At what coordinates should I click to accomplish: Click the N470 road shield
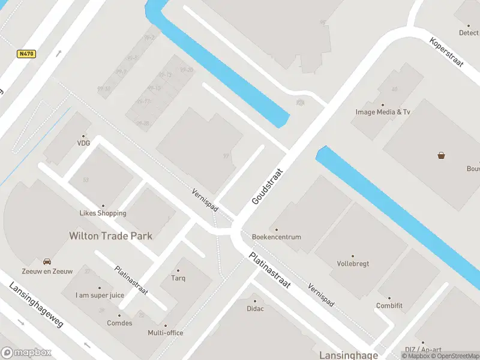click(26, 54)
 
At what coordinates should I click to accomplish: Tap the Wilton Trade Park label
click(110, 236)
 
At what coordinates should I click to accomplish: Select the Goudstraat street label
click(267, 187)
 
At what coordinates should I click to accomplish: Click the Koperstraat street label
click(448, 52)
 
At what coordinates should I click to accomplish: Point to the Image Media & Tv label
click(383, 112)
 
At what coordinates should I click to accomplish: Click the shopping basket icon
click(442, 155)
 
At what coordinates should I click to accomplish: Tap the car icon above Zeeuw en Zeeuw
click(47, 262)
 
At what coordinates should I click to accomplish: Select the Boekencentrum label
click(277, 237)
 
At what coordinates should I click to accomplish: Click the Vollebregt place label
click(353, 263)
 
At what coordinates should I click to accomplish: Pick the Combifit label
click(389, 305)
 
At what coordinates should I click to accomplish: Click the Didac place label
click(255, 308)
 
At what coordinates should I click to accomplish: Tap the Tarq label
click(178, 278)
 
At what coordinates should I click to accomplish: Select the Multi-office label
click(166, 333)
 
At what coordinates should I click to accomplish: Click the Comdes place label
click(120, 323)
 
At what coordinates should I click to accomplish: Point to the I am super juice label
click(100, 295)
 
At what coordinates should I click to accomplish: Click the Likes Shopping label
click(103, 213)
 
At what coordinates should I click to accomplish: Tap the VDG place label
click(83, 143)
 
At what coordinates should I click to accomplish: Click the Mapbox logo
click(26, 353)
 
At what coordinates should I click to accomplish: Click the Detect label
click(469, 33)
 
